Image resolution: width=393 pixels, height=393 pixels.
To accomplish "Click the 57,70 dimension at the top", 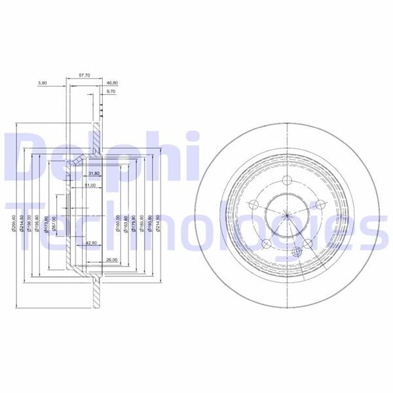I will pos(84,76).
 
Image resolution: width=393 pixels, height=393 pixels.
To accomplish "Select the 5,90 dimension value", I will pos(43,83).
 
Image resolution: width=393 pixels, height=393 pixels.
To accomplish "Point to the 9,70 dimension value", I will pos(111,92).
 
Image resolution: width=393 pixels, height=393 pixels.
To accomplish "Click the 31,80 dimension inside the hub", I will pos(92,174).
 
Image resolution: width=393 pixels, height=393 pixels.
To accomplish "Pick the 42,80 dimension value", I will pos(91,244).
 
